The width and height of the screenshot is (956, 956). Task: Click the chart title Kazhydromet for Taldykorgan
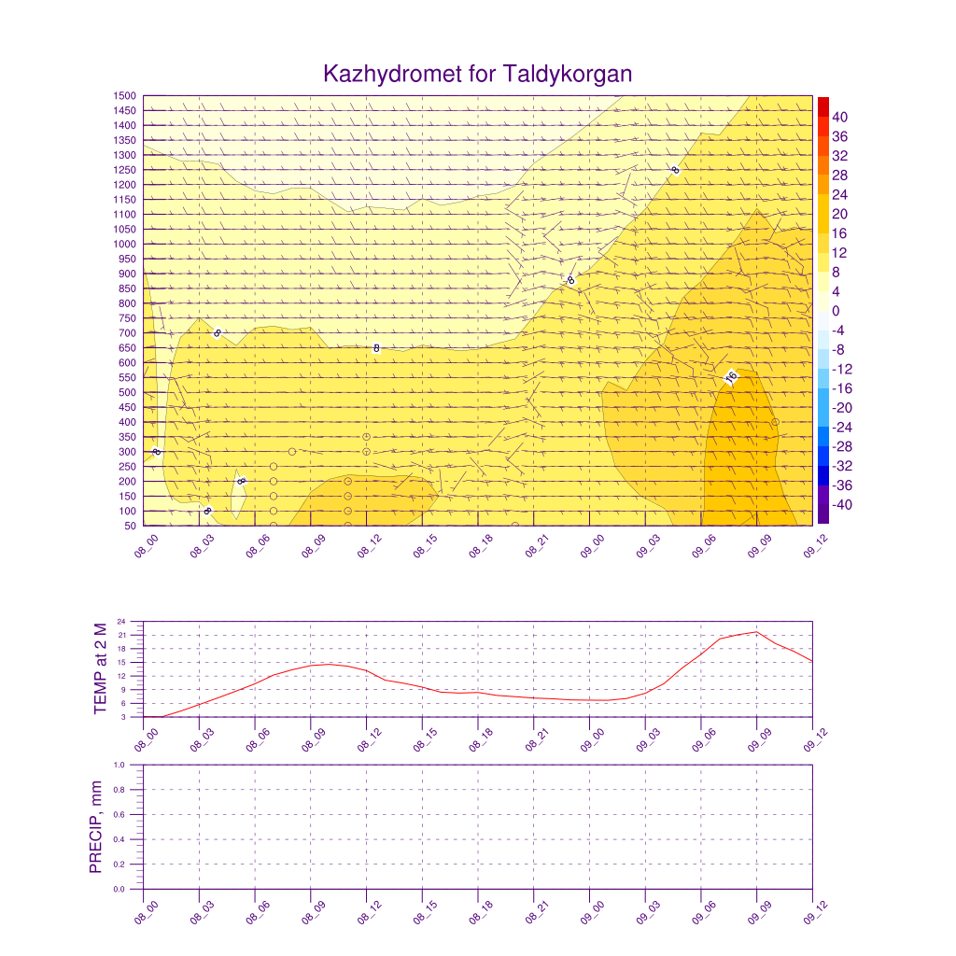point(477,74)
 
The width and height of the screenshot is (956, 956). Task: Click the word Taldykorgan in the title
point(568,75)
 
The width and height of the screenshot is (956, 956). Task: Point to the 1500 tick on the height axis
point(126,95)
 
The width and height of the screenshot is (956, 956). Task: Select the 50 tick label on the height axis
point(132,527)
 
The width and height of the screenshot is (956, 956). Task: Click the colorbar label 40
point(840,117)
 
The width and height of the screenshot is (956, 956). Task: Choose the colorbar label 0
point(836,311)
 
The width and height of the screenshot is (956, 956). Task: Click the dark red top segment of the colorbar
point(822,105)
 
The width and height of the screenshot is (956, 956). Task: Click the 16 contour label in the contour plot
point(731,376)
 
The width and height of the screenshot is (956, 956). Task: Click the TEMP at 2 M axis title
point(102,668)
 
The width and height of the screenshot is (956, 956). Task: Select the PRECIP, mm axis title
point(95,826)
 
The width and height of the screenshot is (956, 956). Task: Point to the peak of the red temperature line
point(756,632)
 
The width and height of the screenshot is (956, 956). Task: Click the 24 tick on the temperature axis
point(121,621)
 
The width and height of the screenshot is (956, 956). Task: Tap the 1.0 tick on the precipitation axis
point(119,765)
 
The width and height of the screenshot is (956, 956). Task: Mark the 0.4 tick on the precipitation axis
point(119,839)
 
